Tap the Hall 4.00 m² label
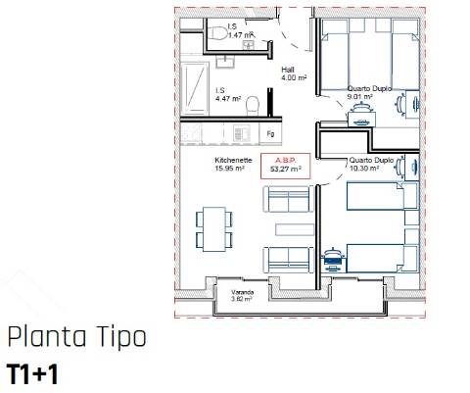[x=288, y=74]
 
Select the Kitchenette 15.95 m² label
[x=233, y=164]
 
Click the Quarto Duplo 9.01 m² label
[x=370, y=92]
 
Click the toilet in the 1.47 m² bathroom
[x=218, y=36]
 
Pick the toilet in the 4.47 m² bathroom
[x=253, y=104]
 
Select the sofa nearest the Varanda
[x=287, y=259]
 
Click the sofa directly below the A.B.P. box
[x=286, y=200]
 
